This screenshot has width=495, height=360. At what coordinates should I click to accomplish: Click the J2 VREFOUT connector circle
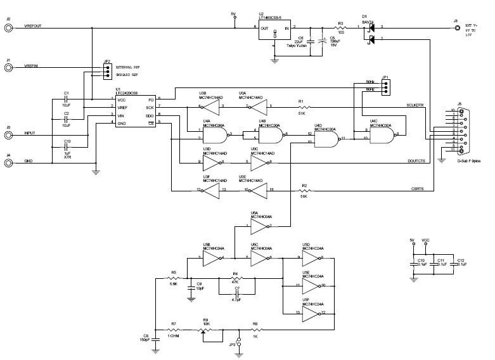(x=9, y=27)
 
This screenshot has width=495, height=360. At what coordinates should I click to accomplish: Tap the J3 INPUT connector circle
(x=9, y=135)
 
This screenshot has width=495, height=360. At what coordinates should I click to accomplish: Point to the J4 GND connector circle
(x=9, y=163)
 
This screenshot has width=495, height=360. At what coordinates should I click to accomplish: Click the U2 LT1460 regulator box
(x=274, y=32)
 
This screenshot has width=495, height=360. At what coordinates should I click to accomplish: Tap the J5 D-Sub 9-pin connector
(x=461, y=132)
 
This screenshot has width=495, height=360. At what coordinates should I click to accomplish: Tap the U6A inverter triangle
(x=259, y=225)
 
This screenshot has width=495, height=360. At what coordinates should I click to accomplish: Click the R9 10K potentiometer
(x=204, y=330)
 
